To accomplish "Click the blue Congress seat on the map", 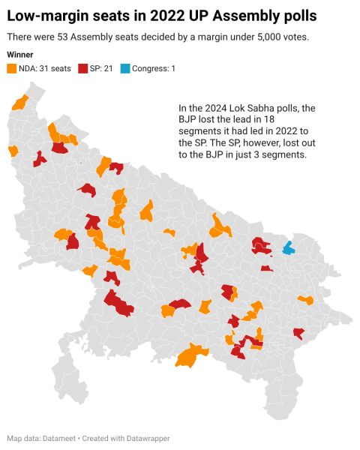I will click(x=288, y=248).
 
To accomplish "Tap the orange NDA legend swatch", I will click(x=11, y=69).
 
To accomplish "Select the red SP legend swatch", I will click(x=82, y=69).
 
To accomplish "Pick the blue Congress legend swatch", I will click(x=126, y=69).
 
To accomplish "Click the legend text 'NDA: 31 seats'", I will click(x=44, y=69).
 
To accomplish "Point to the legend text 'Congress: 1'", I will click(x=154, y=69).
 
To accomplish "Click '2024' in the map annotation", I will click(x=211, y=108).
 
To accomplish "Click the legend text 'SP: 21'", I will click(x=103, y=69).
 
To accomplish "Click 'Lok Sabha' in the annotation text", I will click(x=249, y=108).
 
